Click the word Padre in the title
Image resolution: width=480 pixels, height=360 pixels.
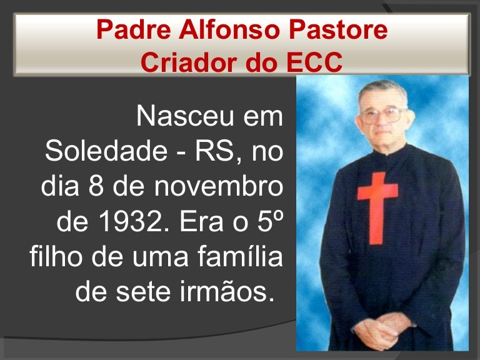tap(134, 29)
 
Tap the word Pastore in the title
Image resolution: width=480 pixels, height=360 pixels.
tap(338, 29)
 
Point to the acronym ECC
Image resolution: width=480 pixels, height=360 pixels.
tap(314, 62)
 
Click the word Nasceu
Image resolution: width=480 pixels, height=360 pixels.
tap(185, 116)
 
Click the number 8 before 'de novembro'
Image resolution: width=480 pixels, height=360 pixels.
tap(96, 186)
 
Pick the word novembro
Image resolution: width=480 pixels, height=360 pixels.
tap(219, 186)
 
